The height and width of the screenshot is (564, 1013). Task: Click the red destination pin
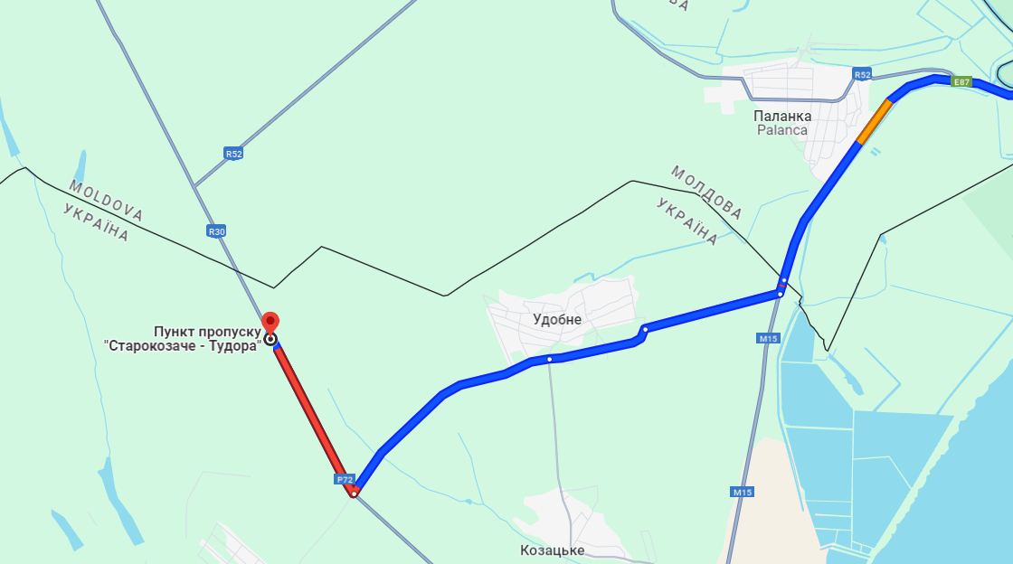pyautogui.click(x=270, y=323)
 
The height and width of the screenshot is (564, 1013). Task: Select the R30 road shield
pyautogui.click(x=216, y=231)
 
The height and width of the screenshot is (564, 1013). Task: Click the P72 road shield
pyautogui.click(x=344, y=479)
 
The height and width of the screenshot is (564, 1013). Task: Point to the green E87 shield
pyautogui.click(x=961, y=81)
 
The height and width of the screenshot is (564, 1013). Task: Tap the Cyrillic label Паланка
pyautogui.click(x=782, y=116)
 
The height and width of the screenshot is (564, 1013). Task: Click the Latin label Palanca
pyautogui.click(x=782, y=130)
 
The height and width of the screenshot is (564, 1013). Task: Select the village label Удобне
pyautogui.click(x=557, y=319)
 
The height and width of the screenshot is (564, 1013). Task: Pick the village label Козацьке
pyautogui.click(x=553, y=550)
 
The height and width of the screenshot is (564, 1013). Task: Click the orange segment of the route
pyautogui.click(x=875, y=121)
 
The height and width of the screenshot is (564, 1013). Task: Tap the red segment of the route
pyautogui.click(x=312, y=417)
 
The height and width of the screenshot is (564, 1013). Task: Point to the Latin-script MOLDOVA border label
pyautogui.click(x=106, y=201)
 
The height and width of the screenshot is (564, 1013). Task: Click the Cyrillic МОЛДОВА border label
pyautogui.click(x=706, y=193)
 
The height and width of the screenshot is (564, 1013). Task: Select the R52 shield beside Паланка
pyautogui.click(x=862, y=74)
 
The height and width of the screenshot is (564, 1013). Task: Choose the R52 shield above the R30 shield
pyautogui.click(x=233, y=154)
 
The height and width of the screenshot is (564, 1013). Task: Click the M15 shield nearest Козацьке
pyautogui.click(x=743, y=493)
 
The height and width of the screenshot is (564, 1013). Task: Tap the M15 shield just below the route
pyautogui.click(x=769, y=338)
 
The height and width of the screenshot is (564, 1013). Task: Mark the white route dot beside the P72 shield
pyautogui.click(x=355, y=492)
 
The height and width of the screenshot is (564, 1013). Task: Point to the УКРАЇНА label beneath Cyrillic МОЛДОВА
pyautogui.click(x=687, y=221)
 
